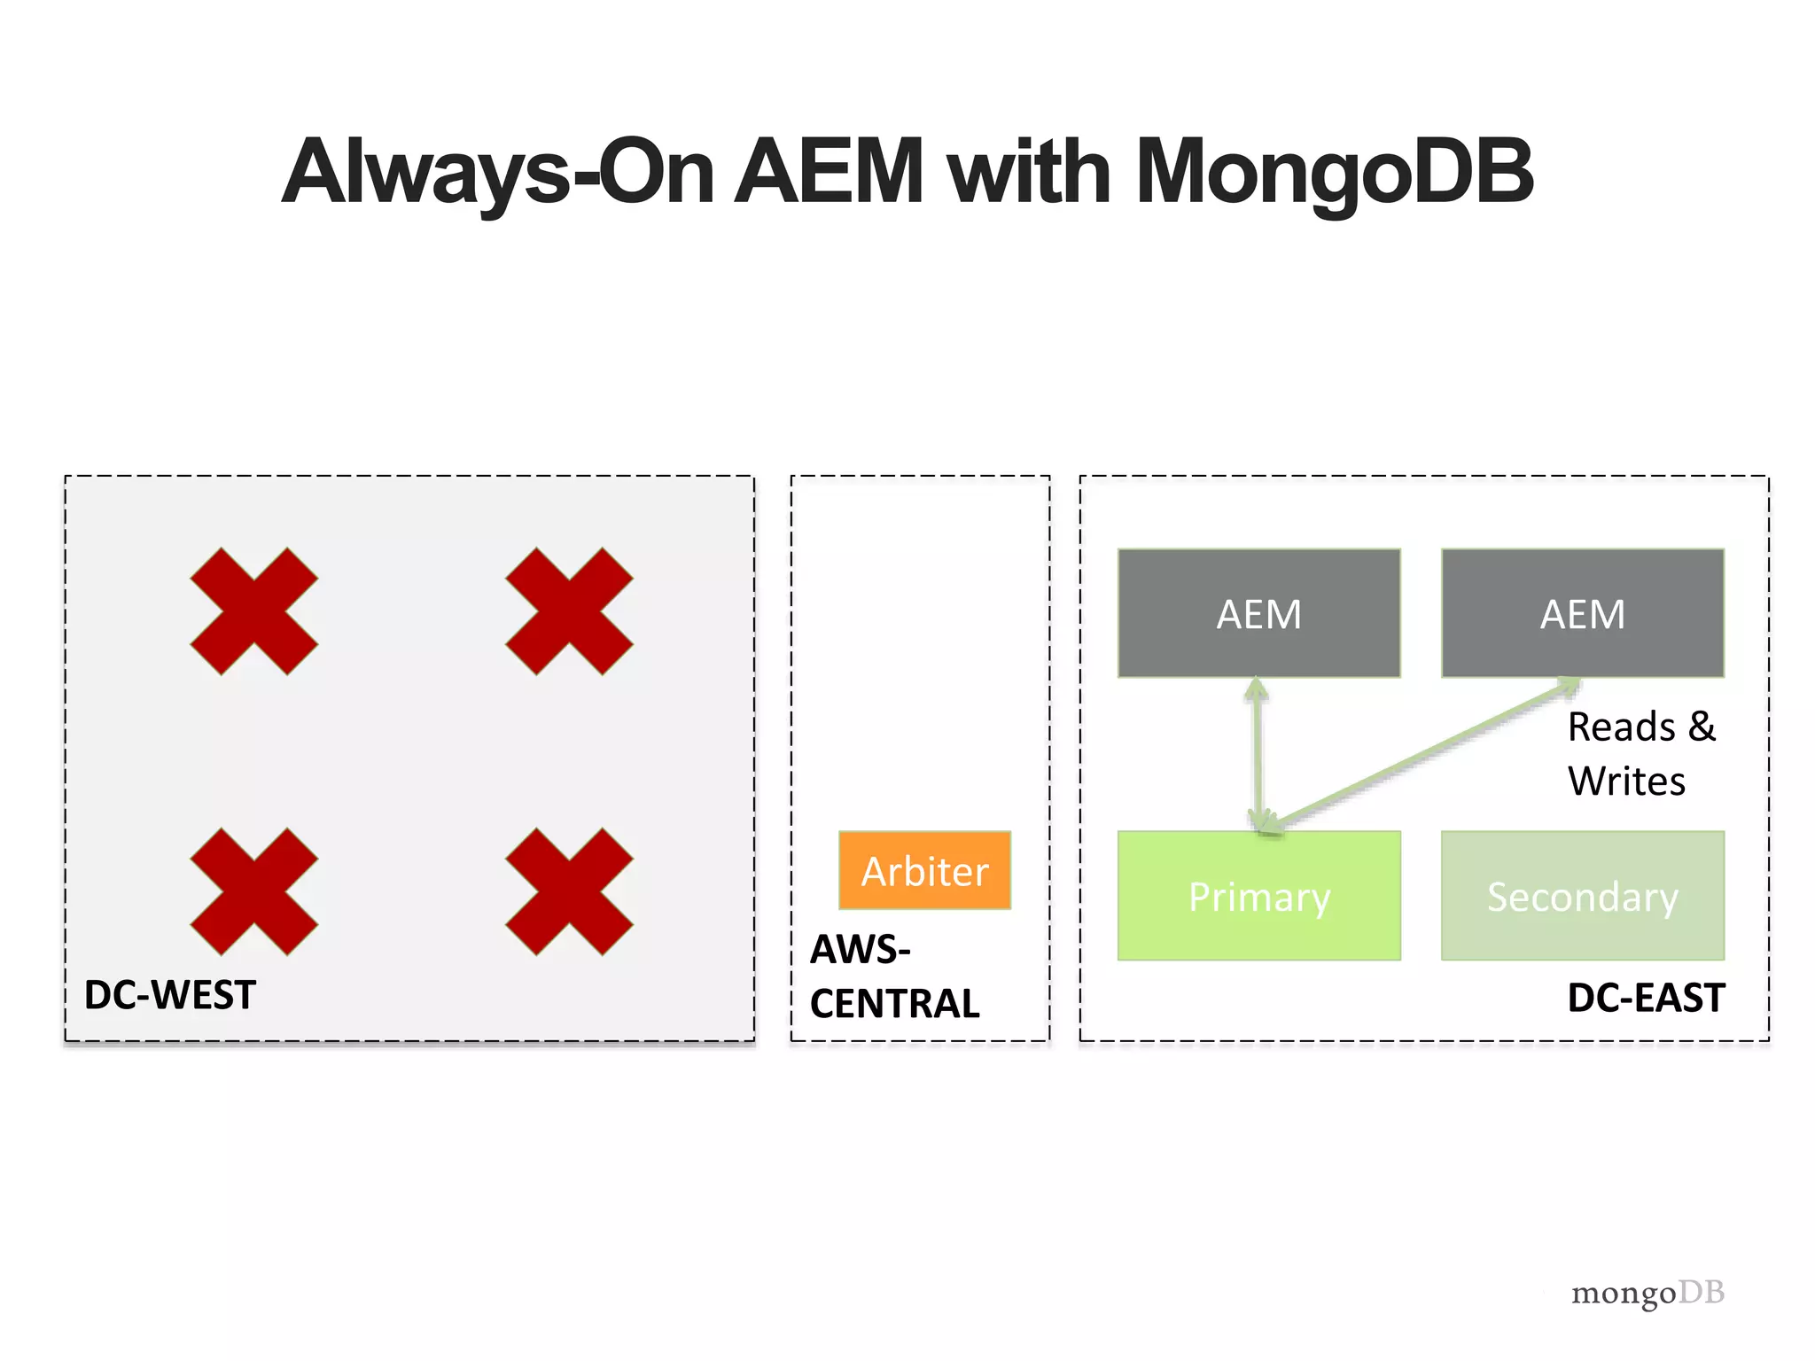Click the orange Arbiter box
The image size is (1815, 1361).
point(924,870)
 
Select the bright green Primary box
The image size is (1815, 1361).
point(1258,896)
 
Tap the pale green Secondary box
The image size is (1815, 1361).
point(1582,896)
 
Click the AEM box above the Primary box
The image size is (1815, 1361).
point(1258,613)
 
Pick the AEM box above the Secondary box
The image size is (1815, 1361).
point(1582,613)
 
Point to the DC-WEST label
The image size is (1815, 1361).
point(170,995)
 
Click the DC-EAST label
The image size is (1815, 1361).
point(1646,998)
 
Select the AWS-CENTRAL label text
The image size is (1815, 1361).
point(893,976)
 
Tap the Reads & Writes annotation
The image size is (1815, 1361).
point(1640,753)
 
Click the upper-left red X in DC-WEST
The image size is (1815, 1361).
point(254,611)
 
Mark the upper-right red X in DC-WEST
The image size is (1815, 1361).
point(569,611)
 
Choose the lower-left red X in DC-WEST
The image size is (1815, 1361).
point(254,891)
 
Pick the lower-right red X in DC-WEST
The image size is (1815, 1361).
point(569,891)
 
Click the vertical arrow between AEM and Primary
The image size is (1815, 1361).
point(1256,753)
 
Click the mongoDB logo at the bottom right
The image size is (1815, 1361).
point(1648,1293)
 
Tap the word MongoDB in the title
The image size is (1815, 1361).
point(1334,172)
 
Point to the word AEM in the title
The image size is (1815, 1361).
point(830,172)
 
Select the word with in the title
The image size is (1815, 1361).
point(1029,172)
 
